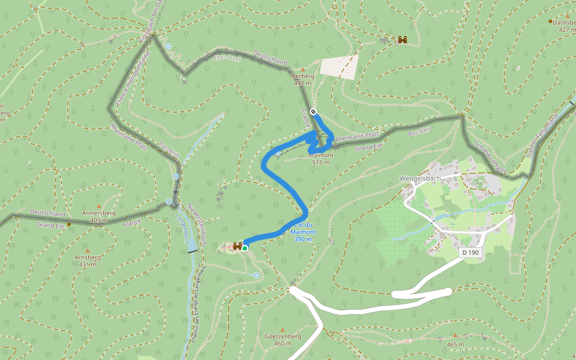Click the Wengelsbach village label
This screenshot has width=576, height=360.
point(421,178)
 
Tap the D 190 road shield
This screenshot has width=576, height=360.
point(471,253)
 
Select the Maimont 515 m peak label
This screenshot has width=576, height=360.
point(320,158)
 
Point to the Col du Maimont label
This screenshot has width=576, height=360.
point(303,232)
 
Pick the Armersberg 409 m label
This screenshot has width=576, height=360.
point(98,216)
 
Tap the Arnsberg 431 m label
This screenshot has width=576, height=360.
point(87,260)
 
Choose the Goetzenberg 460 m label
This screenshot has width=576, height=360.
point(283,340)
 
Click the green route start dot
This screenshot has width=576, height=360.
point(245,248)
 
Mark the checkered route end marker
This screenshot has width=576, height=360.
point(313,112)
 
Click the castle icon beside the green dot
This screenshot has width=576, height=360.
point(238,246)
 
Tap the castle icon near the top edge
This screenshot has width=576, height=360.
point(403,40)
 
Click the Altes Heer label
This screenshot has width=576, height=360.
point(226,58)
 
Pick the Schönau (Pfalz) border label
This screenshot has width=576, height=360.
point(490,158)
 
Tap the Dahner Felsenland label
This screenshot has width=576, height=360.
point(542,136)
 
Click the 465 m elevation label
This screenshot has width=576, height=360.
point(455,344)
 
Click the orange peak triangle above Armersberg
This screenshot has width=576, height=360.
point(98,206)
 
